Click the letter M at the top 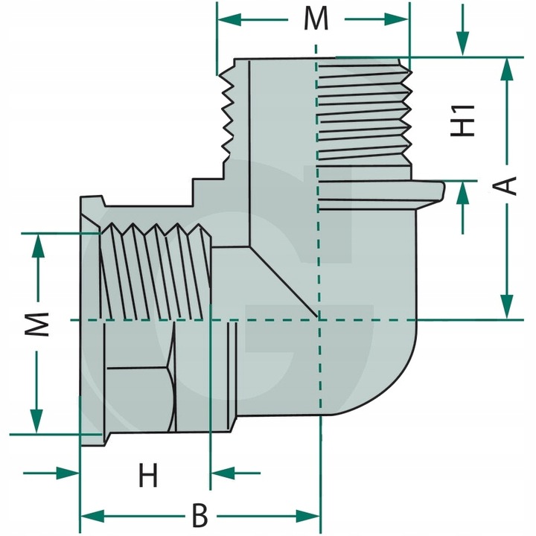[x=316, y=19]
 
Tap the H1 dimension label [x=462, y=121]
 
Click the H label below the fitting [x=148, y=475]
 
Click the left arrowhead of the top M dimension [x=230, y=19]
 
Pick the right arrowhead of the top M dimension [x=396, y=19]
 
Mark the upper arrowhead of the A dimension [x=508, y=70]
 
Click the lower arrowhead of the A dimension [x=508, y=307]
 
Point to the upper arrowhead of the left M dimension [x=38, y=246]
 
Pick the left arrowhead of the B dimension [x=92, y=516]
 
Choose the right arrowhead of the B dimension [x=307, y=516]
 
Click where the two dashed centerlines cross [x=319, y=320]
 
